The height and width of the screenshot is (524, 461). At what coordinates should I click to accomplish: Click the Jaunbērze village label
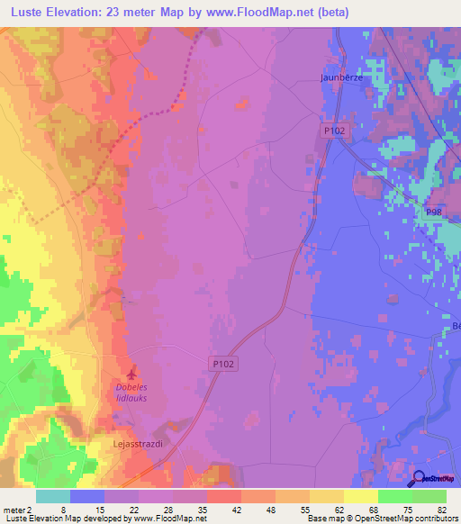341,77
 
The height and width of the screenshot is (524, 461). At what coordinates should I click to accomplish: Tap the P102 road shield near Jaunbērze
335,131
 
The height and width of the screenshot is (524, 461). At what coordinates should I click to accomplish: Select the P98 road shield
435,212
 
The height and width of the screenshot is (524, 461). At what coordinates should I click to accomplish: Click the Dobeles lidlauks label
138,393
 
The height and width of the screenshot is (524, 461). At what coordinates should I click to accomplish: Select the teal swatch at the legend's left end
52,496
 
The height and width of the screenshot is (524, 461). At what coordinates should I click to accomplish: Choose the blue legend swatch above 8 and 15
87,496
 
